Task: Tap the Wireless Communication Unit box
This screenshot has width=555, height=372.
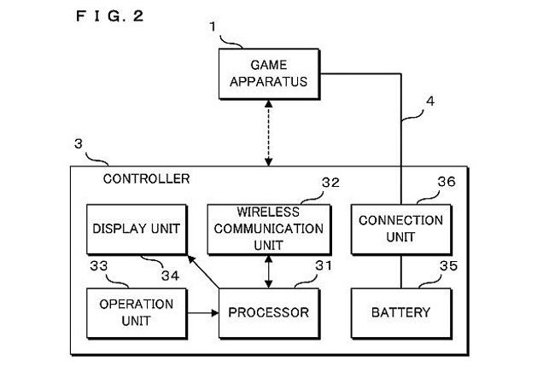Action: tap(269, 228)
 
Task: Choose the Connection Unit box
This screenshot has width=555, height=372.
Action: tap(400, 228)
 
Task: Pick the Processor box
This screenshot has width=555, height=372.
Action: tap(269, 312)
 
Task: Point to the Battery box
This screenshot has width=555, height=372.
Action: tap(400, 312)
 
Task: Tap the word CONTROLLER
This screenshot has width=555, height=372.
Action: tap(146, 179)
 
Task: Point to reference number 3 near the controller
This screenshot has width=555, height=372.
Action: tap(79, 146)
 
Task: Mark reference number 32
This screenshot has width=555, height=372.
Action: tap(330, 183)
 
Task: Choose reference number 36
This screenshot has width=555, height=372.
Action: tap(447, 183)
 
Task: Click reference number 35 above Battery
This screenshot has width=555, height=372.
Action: tap(447, 266)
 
